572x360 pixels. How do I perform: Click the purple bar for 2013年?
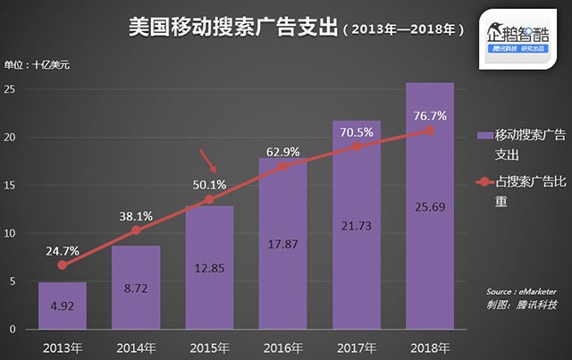(x=62, y=306)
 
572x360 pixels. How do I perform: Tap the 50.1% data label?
(x=210, y=185)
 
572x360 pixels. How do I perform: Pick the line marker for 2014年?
(x=136, y=230)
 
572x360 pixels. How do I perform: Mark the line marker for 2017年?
(x=356, y=146)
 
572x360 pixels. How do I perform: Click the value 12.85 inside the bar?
(x=209, y=267)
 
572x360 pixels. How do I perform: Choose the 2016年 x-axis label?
(x=282, y=346)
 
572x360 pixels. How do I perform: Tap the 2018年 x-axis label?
(x=429, y=346)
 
